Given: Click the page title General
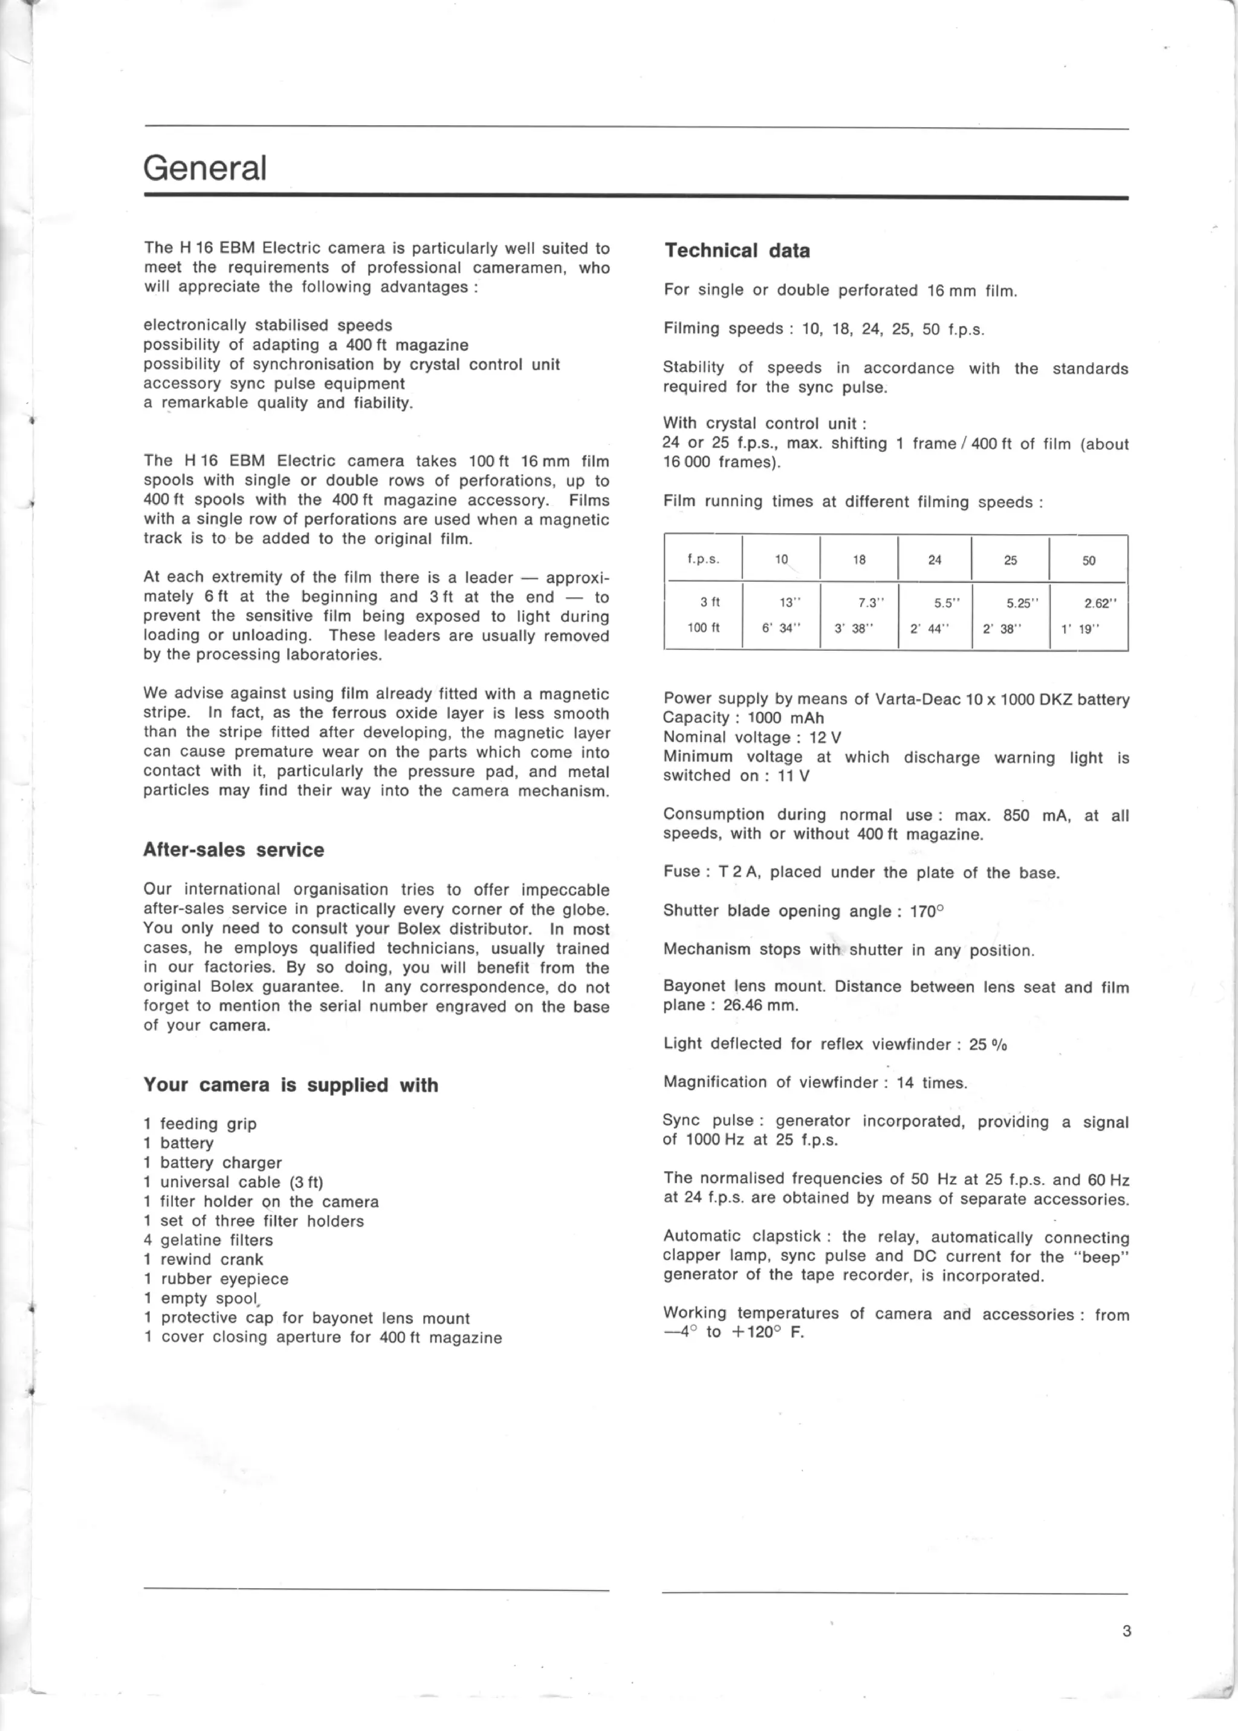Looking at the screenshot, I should pyautogui.click(x=205, y=168).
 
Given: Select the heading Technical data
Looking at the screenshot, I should pyautogui.click(x=736, y=251).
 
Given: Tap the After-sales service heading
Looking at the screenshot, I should pyautogui.click(x=233, y=850).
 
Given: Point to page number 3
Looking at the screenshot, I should pyautogui.click(x=1126, y=1631).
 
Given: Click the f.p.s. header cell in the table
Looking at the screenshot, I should pyautogui.click(x=703, y=559).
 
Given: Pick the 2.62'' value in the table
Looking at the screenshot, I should pyautogui.click(x=1100, y=603).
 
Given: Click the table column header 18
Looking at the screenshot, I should pyautogui.click(x=859, y=559).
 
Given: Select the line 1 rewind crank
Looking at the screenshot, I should pyautogui.click(x=204, y=1259).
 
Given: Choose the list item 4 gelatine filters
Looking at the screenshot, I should pyautogui.click(x=208, y=1240).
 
